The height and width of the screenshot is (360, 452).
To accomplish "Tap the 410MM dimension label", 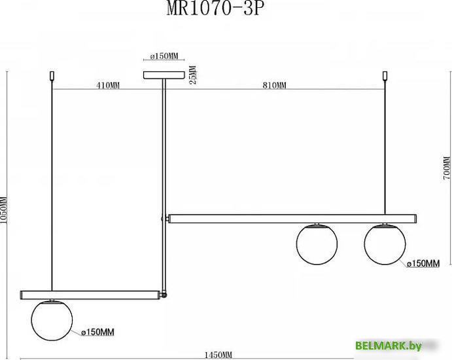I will click(108, 86).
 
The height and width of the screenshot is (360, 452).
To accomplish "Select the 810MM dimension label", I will click(275, 86).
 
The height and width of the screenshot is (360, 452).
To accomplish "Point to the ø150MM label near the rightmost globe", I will click(423, 263).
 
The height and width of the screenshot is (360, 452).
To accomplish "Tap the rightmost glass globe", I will click(385, 244).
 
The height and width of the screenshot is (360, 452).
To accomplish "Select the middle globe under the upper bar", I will click(317, 244).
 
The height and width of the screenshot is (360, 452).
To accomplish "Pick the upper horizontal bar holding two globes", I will click(292, 219).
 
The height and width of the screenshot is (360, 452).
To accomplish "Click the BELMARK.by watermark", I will click(397, 345).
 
